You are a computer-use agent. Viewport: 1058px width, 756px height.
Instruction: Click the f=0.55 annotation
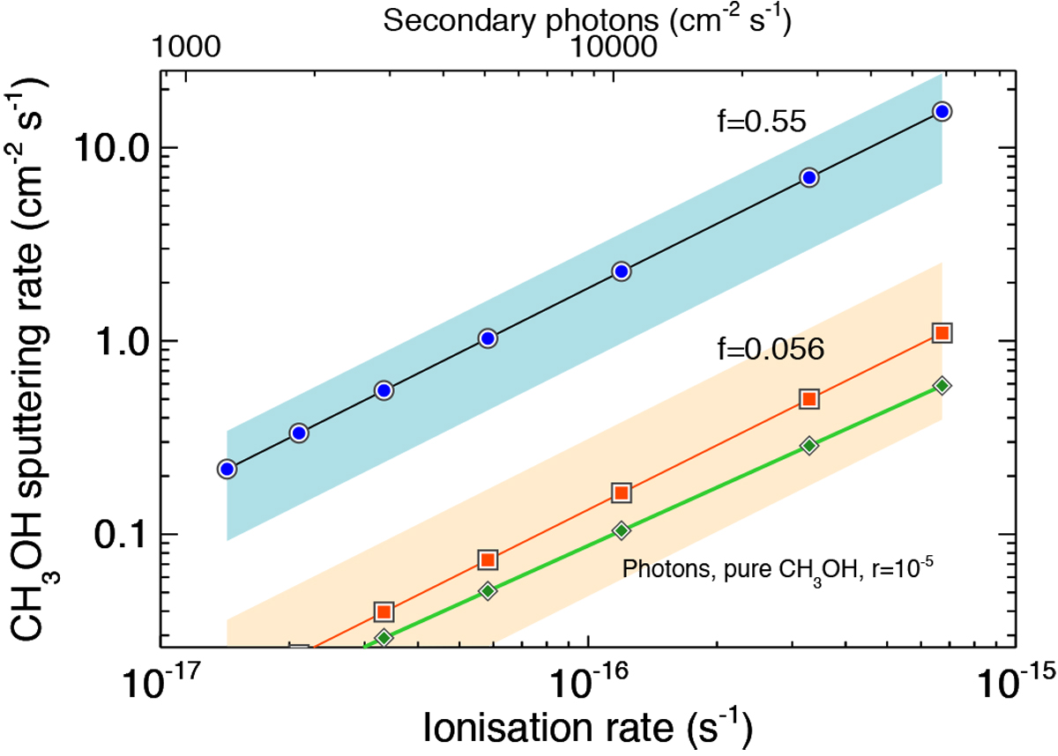point(761,122)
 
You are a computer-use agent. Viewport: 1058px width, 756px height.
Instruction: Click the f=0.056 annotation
point(769,350)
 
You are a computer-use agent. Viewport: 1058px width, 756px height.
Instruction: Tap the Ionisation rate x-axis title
point(588,728)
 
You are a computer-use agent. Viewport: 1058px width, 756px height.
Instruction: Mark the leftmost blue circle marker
point(227,470)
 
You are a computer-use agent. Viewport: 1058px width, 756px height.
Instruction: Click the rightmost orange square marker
point(942,333)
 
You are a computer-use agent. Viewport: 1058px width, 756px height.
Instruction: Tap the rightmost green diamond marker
point(942,386)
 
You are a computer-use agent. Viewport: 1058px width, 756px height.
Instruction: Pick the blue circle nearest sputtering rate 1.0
point(488,338)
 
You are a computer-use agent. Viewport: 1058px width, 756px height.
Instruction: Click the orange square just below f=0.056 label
point(809,399)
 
